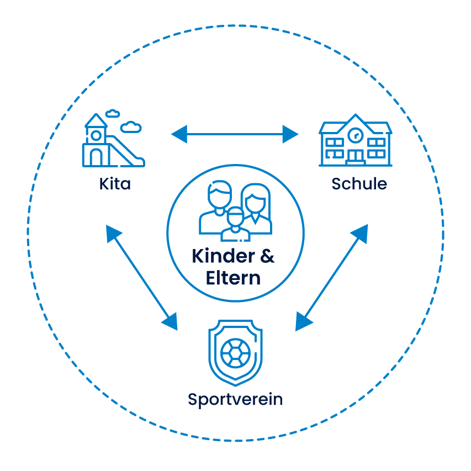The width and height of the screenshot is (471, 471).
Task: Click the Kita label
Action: tap(115, 183)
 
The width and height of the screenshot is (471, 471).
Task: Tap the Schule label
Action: tap(359, 183)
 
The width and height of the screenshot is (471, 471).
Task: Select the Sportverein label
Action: tap(235, 399)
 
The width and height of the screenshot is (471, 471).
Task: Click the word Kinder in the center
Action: tap(222, 257)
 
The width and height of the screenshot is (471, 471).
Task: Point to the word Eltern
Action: tap(233, 278)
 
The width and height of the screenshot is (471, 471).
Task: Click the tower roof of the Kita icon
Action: tap(96, 121)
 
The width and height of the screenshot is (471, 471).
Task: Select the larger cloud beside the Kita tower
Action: tap(131, 128)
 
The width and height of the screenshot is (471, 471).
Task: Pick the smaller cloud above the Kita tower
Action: tap(113, 113)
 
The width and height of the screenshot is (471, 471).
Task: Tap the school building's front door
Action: tap(355, 157)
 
